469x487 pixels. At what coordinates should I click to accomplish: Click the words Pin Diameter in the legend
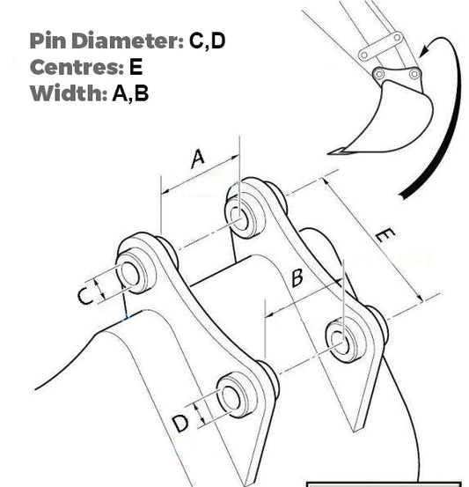[105, 41]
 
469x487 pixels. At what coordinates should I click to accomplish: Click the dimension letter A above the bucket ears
[198, 158]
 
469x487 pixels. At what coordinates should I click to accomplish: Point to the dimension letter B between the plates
[297, 278]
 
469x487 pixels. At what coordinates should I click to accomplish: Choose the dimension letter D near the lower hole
[180, 424]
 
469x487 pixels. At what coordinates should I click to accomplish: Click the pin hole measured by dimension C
[131, 273]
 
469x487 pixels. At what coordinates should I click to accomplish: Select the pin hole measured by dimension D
[231, 395]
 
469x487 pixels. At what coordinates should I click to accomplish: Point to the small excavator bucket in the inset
[392, 115]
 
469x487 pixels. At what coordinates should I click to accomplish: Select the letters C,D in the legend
[208, 41]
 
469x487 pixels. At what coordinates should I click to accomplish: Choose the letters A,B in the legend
[130, 93]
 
